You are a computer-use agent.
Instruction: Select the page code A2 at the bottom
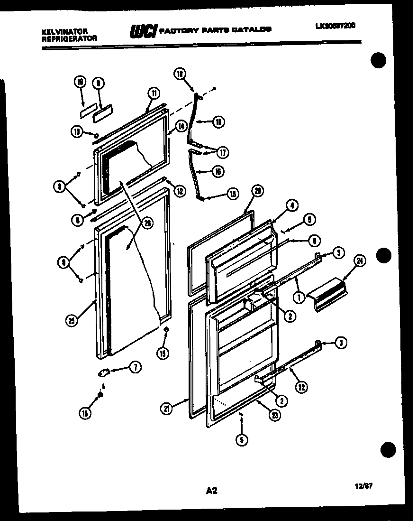(x=211, y=491)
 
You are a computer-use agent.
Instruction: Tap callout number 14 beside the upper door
(x=181, y=126)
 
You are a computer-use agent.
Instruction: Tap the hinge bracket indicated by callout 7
(x=103, y=373)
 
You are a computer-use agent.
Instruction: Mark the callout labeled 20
(x=257, y=191)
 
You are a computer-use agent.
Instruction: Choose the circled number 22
(x=301, y=387)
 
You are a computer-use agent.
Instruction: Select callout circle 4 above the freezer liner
(x=292, y=205)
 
